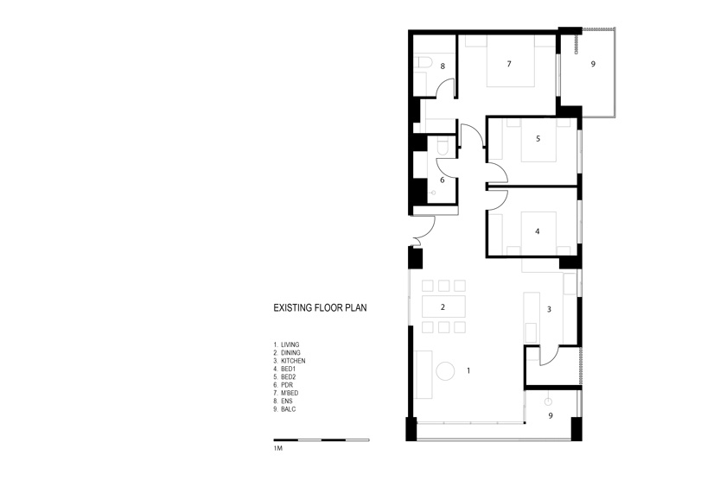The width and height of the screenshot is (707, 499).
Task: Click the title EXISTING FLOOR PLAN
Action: (320, 308)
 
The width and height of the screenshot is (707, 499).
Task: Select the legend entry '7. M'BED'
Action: (286, 393)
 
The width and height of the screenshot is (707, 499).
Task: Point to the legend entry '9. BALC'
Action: (284, 409)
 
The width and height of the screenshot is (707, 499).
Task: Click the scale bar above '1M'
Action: (322, 440)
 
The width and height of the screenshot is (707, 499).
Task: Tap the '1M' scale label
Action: (277, 449)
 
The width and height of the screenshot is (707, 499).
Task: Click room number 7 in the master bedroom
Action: (509, 64)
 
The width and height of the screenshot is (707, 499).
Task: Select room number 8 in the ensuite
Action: (443, 66)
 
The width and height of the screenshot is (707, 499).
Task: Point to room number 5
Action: (538, 139)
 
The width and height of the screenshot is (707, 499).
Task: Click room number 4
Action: (537, 231)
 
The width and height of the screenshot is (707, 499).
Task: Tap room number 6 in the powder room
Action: (443, 180)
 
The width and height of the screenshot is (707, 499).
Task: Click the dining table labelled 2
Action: (443, 307)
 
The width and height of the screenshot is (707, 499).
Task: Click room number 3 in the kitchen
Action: (549, 309)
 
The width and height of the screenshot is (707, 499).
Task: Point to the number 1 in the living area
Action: (469, 370)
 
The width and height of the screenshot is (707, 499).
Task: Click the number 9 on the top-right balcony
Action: (593, 64)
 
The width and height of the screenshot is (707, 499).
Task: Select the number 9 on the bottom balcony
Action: (551, 415)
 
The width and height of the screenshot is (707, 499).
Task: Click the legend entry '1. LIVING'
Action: (286, 344)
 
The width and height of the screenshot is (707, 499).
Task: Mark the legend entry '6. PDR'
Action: (283, 385)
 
